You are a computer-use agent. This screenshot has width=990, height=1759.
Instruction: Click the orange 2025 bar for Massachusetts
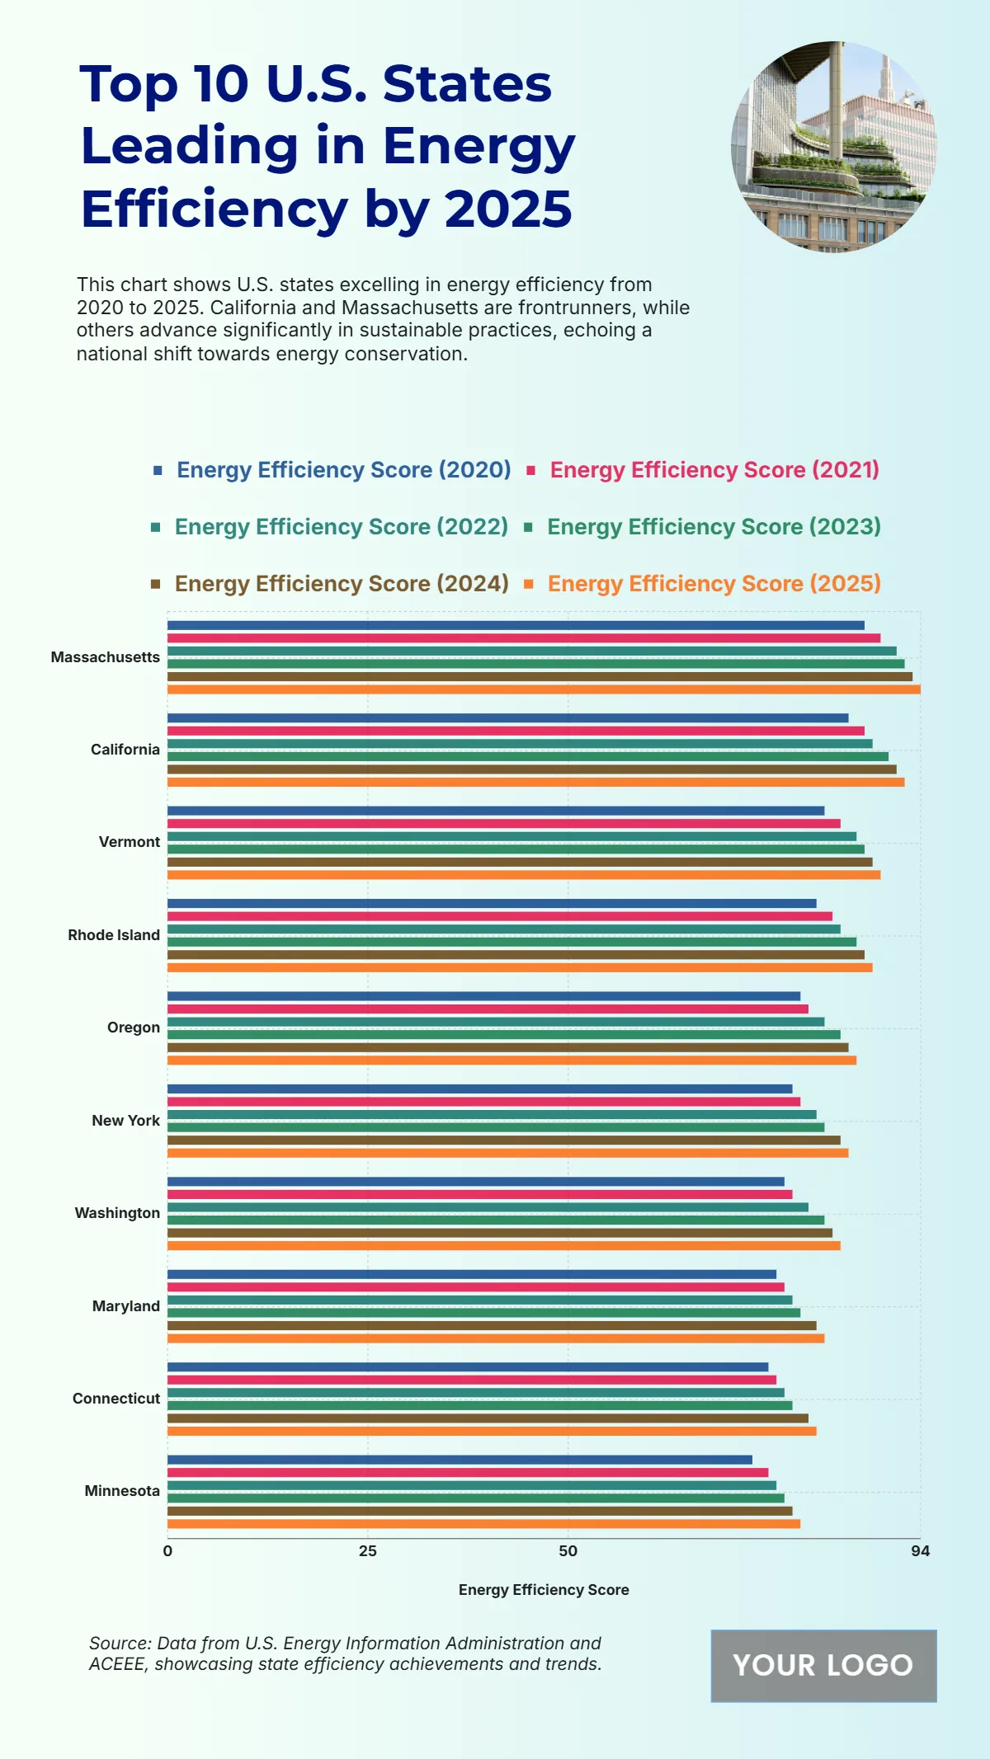(544, 689)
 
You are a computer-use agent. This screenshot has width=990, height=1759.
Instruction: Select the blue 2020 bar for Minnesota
(460, 1460)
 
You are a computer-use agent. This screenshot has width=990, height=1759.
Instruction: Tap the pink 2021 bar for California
(516, 731)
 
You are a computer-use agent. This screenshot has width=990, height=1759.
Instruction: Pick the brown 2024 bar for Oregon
(507, 1047)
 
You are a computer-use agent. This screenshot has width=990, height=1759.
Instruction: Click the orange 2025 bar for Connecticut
(492, 1431)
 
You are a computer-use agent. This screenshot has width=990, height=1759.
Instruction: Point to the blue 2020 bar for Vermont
(496, 811)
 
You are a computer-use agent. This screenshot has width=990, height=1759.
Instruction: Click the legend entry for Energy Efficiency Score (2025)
(714, 584)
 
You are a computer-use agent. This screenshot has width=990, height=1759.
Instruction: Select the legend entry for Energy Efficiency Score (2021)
(714, 470)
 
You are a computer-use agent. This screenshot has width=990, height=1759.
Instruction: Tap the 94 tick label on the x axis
(920, 1551)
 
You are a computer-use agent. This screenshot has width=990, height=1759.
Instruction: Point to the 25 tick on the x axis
(367, 1551)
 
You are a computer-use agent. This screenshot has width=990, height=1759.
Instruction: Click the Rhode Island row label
(114, 935)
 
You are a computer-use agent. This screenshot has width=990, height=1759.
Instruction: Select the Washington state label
(117, 1213)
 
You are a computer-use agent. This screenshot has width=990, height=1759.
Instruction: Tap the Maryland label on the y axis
(125, 1306)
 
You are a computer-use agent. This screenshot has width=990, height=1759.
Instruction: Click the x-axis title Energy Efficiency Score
(544, 1590)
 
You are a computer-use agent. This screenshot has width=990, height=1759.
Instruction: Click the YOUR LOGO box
(823, 1666)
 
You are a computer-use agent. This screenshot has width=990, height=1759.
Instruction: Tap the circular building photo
(833, 147)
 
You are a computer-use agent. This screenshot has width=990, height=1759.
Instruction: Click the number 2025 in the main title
(508, 209)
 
